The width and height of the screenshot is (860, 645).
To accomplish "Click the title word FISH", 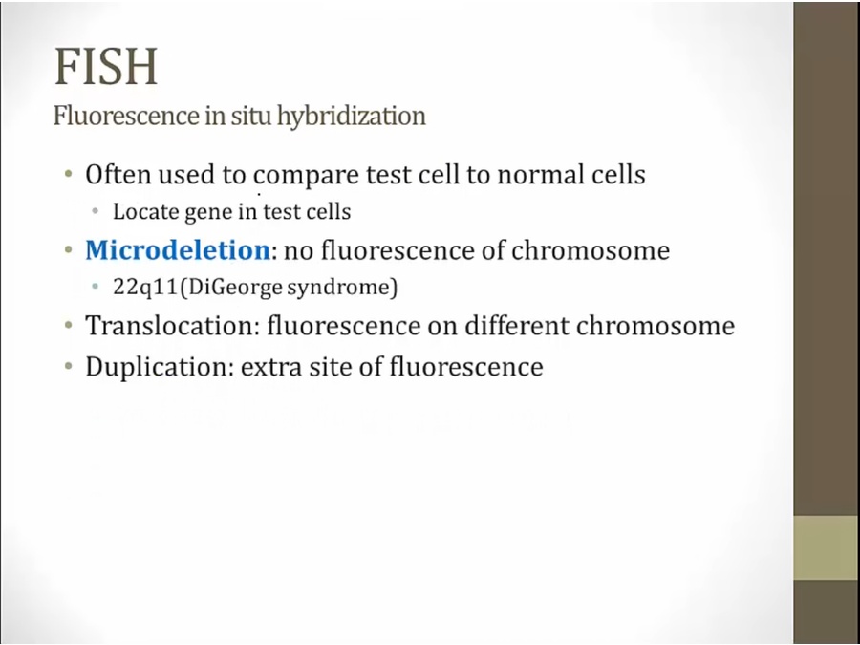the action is click(x=106, y=66).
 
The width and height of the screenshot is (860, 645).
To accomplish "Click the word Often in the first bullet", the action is click(x=118, y=175).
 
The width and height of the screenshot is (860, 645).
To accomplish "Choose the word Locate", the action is click(x=145, y=212).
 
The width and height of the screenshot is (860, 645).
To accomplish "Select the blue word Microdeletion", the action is click(x=178, y=250).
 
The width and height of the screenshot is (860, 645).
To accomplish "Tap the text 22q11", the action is click(x=145, y=287).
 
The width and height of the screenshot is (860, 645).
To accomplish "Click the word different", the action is click(x=514, y=325).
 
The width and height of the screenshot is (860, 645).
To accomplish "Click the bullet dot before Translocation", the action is click(x=69, y=326).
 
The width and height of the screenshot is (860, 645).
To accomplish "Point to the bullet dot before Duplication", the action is click(x=69, y=366).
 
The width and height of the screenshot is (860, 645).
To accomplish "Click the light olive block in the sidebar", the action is click(x=827, y=548).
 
